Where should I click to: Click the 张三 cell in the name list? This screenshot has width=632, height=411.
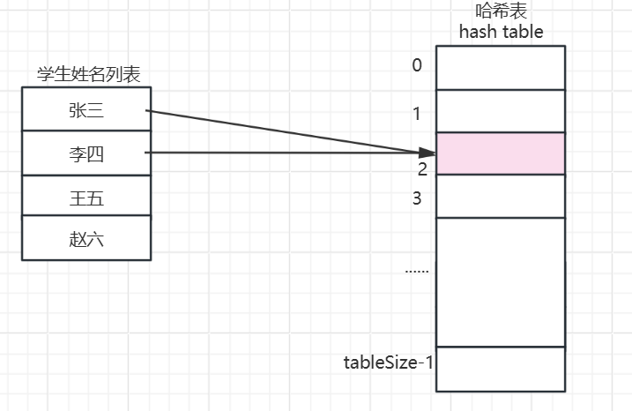pos(86,110)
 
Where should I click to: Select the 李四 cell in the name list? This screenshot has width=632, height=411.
pos(86,154)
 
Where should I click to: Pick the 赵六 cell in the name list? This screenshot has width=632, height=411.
pos(86,238)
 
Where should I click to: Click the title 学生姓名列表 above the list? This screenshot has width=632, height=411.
pos(86,76)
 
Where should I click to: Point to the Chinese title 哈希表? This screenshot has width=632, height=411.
pos(501,12)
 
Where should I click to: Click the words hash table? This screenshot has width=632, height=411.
pos(501,33)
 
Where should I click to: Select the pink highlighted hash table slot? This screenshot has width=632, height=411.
pos(501,153)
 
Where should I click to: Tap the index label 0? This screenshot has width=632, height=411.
pos(417,65)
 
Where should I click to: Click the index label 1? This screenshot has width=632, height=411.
pos(418,113)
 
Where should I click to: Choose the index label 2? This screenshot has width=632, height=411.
pos(422,168)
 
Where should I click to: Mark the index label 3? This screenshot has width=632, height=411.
pos(418,198)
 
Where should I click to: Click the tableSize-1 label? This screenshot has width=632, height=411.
pos(389,362)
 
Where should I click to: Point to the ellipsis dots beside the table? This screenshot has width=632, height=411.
pos(417,270)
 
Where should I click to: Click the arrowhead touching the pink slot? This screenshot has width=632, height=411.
pos(429,153)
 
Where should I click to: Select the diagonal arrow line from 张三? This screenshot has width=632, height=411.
pos(282,131)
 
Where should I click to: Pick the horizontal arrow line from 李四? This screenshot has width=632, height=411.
pos(282,153)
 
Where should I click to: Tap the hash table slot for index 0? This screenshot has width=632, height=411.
pos(501,68)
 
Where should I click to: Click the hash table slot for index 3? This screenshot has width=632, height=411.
pos(501,196)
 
